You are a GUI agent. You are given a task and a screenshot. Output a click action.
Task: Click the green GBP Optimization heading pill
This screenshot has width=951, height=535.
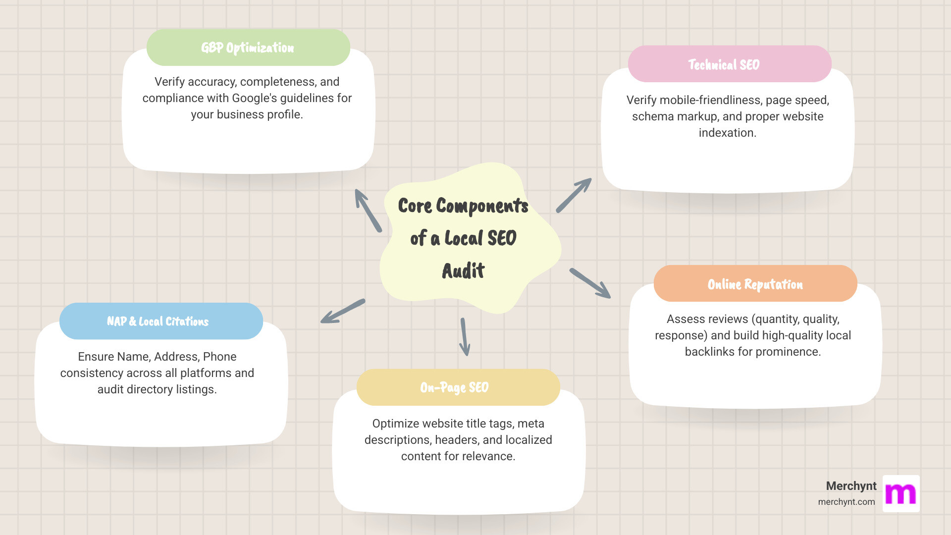[x=248, y=48]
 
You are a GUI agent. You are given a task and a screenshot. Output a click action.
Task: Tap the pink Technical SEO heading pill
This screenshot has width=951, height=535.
[x=729, y=64]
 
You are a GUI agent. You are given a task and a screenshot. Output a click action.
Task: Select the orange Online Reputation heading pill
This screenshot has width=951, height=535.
[x=755, y=284]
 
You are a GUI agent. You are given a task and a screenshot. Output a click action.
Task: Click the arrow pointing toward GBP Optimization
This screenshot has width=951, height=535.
[x=368, y=211]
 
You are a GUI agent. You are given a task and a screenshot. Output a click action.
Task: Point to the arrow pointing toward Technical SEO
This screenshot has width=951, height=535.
[x=574, y=196]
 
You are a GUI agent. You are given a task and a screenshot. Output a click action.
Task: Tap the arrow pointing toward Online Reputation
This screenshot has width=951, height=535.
[x=590, y=283]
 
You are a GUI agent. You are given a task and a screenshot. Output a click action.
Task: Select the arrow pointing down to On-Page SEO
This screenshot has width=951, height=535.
[x=464, y=337]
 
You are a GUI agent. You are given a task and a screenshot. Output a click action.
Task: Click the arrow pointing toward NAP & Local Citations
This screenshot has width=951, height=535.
[x=343, y=311]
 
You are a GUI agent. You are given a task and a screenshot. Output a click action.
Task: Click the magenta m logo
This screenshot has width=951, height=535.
[x=901, y=494]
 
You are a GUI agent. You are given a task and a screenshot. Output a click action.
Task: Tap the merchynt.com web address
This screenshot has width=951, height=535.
[x=846, y=502]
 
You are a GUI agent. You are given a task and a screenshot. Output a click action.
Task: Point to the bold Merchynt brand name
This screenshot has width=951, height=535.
[x=851, y=486]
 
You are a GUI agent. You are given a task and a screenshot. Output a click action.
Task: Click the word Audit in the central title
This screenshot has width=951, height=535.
[x=463, y=271]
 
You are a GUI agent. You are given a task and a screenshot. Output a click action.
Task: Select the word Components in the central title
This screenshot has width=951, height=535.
[x=482, y=206]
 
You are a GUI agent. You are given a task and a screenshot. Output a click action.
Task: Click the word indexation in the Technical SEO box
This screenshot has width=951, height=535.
[x=727, y=133]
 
